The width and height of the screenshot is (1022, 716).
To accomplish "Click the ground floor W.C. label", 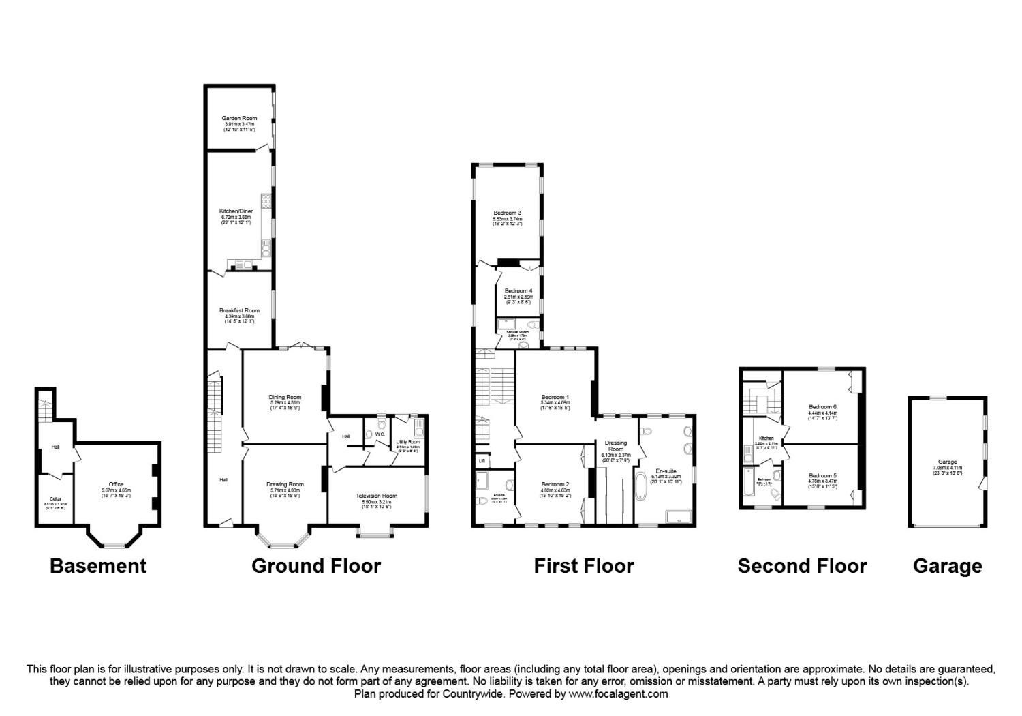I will point(380,434).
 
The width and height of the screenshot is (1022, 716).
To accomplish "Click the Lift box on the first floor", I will point(482,461).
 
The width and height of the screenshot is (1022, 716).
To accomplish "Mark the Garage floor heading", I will point(947,566).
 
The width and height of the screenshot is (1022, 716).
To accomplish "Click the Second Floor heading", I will point(802,566).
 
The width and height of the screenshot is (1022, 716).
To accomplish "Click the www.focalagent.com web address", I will point(618,694).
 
